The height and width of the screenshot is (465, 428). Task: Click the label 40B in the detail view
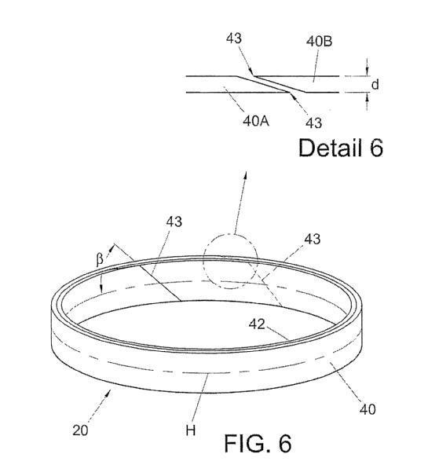tap(319, 41)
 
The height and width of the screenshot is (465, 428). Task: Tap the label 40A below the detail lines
tap(256, 121)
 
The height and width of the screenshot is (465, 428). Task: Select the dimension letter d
tap(375, 85)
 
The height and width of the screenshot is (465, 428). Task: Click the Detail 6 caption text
tap(341, 148)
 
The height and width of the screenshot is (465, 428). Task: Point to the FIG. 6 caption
tap(258, 443)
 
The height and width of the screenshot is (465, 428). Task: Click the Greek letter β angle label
tap(100, 259)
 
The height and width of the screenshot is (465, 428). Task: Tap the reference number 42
tap(257, 324)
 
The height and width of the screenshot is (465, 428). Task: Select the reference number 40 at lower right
tap(368, 409)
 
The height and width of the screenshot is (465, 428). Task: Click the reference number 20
tap(80, 430)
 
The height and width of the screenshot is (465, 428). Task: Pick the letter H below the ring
tap(191, 430)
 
